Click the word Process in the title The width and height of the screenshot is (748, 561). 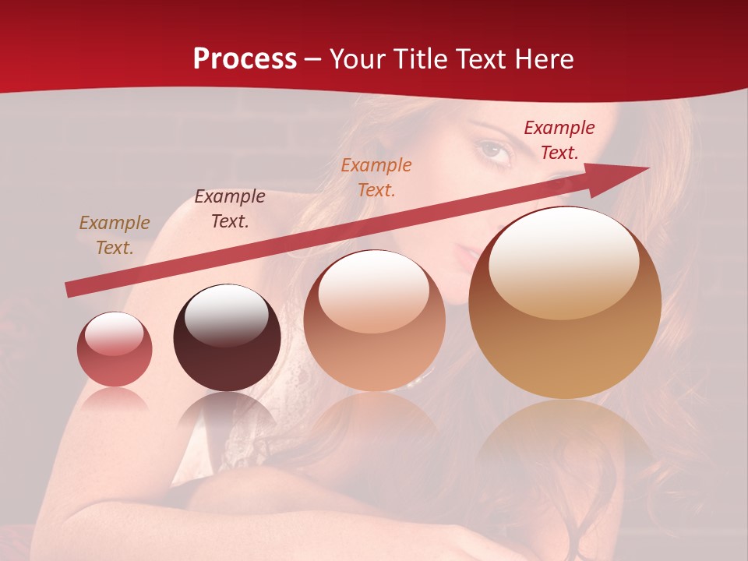[x=245, y=59]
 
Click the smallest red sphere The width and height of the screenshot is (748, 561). [x=115, y=349]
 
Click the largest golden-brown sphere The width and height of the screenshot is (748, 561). [x=565, y=304]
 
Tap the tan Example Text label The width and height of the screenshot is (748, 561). [x=115, y=235]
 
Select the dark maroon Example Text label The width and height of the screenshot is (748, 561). [x=230, y=209]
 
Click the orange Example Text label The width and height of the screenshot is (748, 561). [x=376, y=177]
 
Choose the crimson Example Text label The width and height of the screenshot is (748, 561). [x=559, y=140]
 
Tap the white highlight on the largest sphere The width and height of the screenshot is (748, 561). [x=563, y=261]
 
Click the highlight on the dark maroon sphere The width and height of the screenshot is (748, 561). [x=227, y=316]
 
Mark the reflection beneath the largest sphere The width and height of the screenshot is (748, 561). [x=565, y=436]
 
